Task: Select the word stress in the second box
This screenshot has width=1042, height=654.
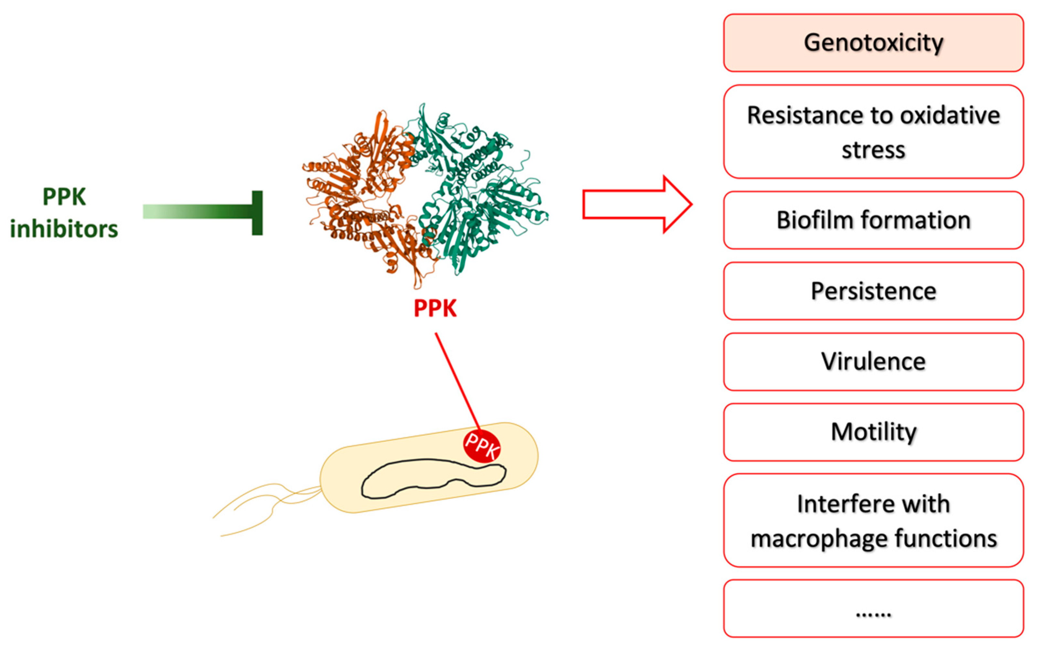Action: pyautogui.click(x=873, y=150)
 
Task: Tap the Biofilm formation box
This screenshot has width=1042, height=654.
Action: pyautogui.click(x=873, y=220)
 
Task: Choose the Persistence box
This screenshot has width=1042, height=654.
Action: pyautogui.click(x=873, y=291)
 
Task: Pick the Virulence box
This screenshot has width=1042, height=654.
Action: pyautogui.click(x=873, y=361)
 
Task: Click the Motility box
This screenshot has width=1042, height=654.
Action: pyautogui.click(x=873, y=432)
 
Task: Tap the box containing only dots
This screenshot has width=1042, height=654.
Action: pyautogui.click(x=873, y=608)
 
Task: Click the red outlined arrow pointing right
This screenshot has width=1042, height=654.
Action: pyautogui.click(x=636, y=205)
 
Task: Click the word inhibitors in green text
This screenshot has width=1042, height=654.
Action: pyautogui.click(x=64, y=229)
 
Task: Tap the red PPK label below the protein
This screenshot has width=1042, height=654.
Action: pyautogui.click(x=435, y=308)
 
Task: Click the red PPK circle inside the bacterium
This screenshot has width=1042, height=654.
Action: pyautogui.click(x=482, y=446)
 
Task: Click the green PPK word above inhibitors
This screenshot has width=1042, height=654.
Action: pyautogui.click(x=64, y=197)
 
